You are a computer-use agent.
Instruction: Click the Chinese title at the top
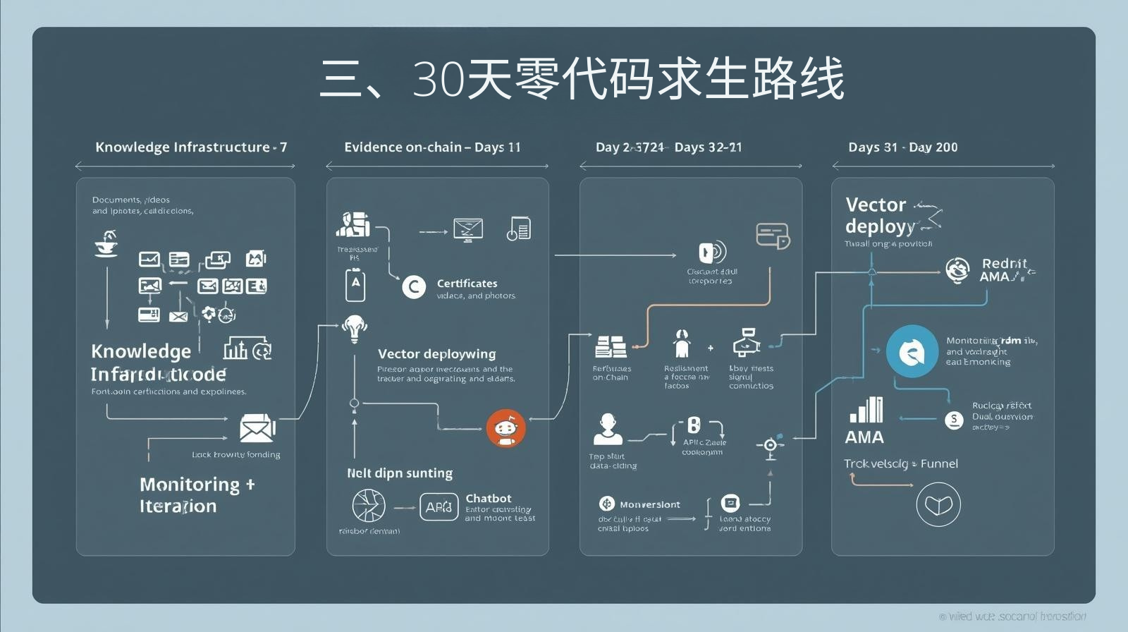pos(582,79)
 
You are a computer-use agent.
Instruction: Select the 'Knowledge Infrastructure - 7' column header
pos(190,147)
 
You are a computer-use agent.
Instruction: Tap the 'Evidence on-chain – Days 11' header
pos(432,147)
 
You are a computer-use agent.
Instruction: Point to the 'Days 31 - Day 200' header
pos(902,147)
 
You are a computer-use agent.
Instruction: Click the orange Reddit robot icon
pos(505,428)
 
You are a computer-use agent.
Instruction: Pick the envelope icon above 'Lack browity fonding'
pos(257,428)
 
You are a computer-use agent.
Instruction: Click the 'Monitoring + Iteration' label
pos(197,495)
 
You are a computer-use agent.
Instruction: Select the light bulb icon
pos(354,328)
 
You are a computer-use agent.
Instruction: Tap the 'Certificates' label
pos(467,284)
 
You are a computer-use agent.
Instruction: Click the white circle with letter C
pos(414,287)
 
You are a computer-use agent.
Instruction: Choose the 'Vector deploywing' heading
pos(436,354)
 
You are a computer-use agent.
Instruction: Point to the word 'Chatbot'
pos(489,499)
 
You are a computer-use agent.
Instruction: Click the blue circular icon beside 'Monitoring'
pos(912,351)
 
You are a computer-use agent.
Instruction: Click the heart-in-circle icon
pos(938,504)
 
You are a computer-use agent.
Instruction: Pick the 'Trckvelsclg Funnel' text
pos(900,463)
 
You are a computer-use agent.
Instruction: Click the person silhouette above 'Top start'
pos(607,430)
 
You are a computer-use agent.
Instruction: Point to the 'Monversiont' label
pos(649,504)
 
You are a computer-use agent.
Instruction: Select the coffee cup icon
pos(106,244)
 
